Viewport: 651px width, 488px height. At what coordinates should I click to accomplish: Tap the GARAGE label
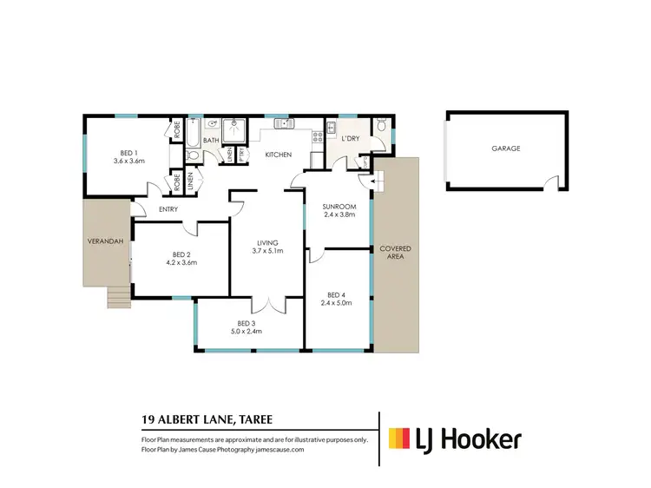coord(505,148)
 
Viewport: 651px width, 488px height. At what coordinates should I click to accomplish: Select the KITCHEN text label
coord(278,155)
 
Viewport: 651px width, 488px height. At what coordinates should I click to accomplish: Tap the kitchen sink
coord(285,124)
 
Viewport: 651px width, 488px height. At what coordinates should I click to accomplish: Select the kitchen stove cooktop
coord(318,132)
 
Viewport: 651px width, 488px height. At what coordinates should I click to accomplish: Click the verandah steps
coord(117,298)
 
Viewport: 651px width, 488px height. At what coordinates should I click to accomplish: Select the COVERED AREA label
coord(395,253)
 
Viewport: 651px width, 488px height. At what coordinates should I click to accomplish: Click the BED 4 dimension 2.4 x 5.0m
coord(338,302)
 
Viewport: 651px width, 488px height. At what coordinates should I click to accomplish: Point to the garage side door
coord(550,181)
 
